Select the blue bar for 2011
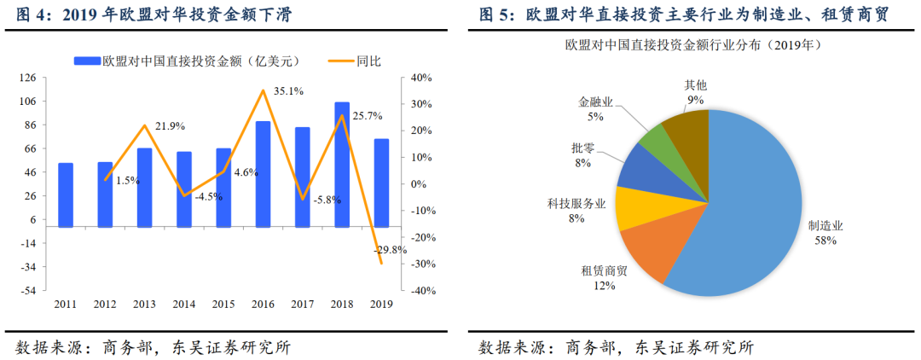point(66,195)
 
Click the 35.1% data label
point(288,90)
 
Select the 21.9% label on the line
point(171,125)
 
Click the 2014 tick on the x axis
point(183,304)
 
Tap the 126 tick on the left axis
point(27,78)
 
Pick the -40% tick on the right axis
point(420,291)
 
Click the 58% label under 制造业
point(825,241)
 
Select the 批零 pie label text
point(583,148)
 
